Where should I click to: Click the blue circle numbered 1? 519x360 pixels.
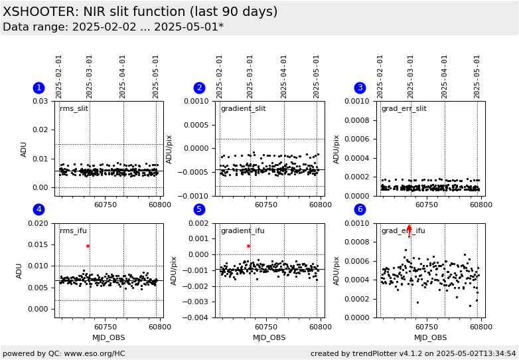click(38, 88)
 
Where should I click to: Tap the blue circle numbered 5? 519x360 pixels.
click(199, 209)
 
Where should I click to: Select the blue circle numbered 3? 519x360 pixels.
click(360, 88)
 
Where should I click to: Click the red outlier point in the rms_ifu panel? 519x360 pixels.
click(88, 246)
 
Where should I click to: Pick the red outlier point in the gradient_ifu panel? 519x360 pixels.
click(248, 246)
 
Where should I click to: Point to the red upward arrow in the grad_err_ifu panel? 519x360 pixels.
click(409, 231)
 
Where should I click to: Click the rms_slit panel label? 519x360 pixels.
click(74, 109)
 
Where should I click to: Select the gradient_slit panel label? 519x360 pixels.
click(244, 109)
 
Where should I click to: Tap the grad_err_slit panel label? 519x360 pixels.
click(404, 109)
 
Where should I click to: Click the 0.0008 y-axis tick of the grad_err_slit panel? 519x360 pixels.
click(359, 120)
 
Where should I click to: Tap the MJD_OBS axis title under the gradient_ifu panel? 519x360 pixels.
click(269, 337)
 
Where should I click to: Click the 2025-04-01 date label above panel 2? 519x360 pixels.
click(283, 77)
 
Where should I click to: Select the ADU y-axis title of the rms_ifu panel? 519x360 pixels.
click(19, 271)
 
